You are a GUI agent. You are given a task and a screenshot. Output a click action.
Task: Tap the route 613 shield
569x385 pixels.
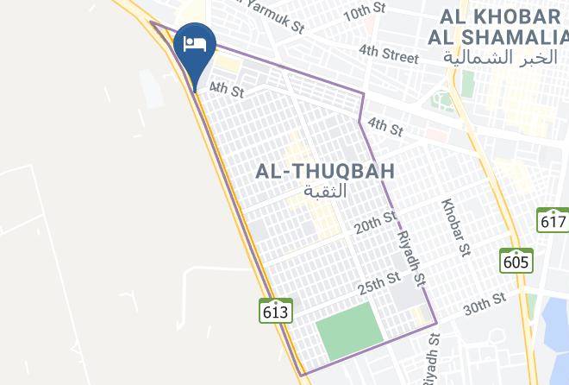(x=275, y=310)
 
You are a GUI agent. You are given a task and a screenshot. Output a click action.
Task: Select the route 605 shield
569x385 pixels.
(x=516, y=261)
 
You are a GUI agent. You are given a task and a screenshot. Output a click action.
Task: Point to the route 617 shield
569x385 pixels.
(x=552, y=220)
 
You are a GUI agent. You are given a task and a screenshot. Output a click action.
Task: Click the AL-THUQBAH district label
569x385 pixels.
(x=325, y=172)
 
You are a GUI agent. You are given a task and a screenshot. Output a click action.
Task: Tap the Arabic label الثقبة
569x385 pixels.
(x=325, y=191)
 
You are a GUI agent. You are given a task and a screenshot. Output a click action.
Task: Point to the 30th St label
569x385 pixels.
(x=484, y=304)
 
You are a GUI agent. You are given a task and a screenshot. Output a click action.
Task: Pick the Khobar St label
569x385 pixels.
(x=454, y=228)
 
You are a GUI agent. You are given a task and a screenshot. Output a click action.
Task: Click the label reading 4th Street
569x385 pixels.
(x=389, y=54)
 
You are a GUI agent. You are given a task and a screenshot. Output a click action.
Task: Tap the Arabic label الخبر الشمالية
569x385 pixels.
(x=501, y=57)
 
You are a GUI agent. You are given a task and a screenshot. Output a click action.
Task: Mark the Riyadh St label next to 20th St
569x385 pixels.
(x=411, y=258)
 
